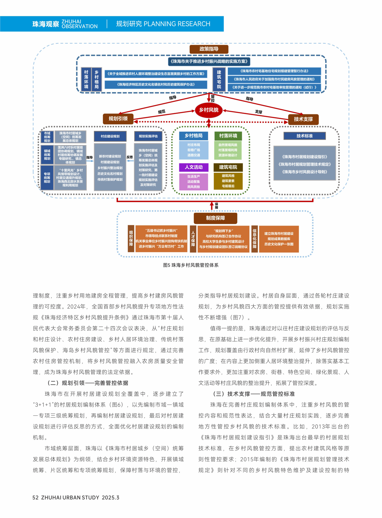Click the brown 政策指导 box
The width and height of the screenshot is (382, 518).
[209, 49]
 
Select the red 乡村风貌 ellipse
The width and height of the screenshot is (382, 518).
[209, 110]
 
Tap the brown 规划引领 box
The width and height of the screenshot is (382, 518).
[118, 119]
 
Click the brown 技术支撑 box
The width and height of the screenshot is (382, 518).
[303, 119]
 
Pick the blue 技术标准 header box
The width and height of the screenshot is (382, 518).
[304, 136]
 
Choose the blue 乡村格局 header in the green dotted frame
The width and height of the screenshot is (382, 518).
[194, 136]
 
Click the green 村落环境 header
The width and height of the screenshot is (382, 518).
[228, 136]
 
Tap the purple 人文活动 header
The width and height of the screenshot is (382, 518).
[194, 167]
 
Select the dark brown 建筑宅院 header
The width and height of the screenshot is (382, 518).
[228, 167]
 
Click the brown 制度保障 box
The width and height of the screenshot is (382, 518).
[215, 218]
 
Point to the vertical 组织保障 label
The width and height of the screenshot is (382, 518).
[131, 239]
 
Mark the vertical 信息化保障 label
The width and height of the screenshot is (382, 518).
[254, 239]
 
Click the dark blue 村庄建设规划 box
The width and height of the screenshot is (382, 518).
[110, 136]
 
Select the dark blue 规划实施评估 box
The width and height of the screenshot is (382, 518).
[148, 136]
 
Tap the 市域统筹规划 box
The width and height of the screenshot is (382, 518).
[47, 137]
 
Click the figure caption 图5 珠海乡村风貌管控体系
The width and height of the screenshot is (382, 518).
[191, 265]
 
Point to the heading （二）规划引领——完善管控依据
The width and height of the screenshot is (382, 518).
[88, 383]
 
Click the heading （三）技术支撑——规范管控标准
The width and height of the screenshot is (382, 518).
[254, 394]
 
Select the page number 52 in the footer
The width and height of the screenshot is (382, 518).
[35, 498]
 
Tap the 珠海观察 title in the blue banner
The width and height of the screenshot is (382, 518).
[46, 24]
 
